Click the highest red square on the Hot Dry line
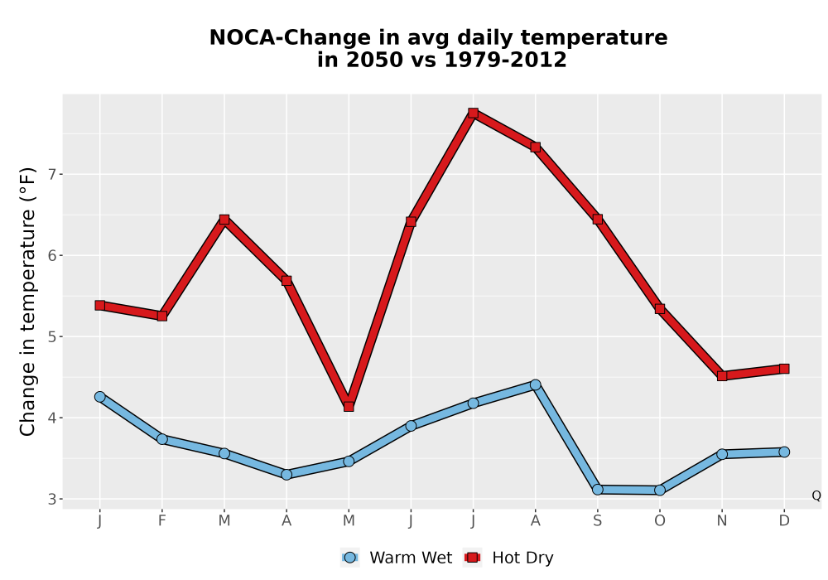[x=473, y=113]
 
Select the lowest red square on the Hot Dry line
[x=349, y=406]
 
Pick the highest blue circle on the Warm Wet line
[x=536, y=384]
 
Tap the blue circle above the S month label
[x=598, y=490]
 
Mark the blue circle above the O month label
[x=660, y=491]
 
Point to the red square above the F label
[x=162, y=316]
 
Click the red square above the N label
[x=722, y=376]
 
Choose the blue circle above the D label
[x=784, y=452]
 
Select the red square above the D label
[x=784, y=369]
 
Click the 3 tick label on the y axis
[x=51, y=499]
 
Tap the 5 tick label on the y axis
[x=51, y=337]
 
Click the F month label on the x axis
[x=162, y=521]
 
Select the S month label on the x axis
[x=598, y=521]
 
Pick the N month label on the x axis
[x=722, y=521]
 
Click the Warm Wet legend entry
[x=397, y=558]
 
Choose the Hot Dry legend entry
[x=508, y=558]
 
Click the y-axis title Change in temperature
[x=27, y=302]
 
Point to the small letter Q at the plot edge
[x=816, y=495]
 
